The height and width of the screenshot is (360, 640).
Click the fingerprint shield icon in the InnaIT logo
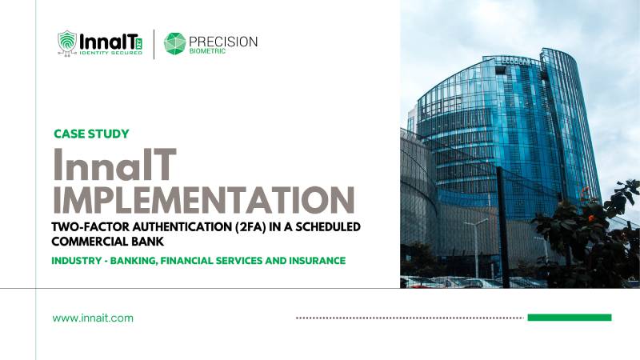[x=67, y=43]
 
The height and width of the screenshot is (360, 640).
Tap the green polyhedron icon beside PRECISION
[x=174, y=43]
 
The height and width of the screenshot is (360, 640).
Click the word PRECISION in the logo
[x=224, y=41]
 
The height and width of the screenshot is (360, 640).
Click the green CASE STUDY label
[x=90, y=134]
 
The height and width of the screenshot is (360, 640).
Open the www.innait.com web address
[x=93, y=318]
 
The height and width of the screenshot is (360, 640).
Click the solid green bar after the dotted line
[x=569, y=318]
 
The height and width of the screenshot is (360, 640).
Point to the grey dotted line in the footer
[x=409, y=318]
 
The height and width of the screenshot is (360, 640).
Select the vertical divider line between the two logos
[x=154, y=43]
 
